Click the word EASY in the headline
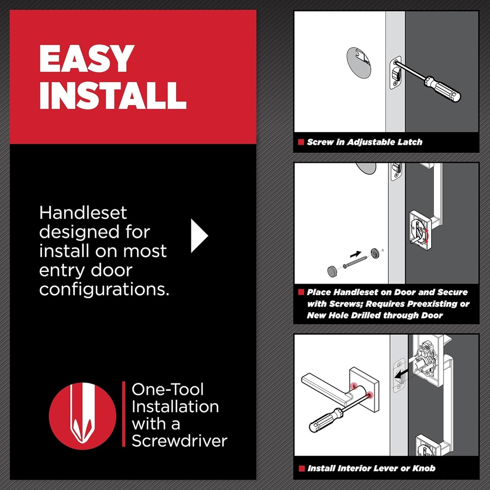click(86, 59)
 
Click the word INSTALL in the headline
click(112, 95)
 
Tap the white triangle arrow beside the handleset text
click(199, 235)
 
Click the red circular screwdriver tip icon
click(82, 415)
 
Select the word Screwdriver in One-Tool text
click(179, 441)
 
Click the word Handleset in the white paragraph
click(83, 212)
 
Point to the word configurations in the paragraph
click(104, 290)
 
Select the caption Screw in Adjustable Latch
click(365, 142)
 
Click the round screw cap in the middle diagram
click(332, 271)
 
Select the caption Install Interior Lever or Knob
click(371, 468)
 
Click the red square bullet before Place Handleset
click(301, 292)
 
